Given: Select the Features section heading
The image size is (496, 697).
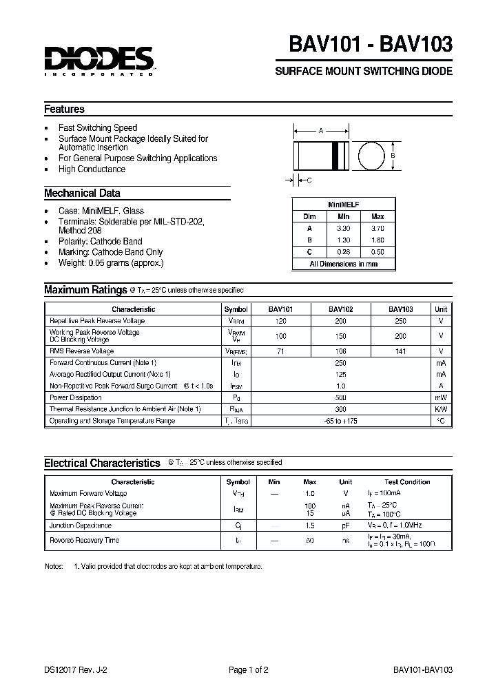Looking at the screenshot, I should click(x=64, y=109).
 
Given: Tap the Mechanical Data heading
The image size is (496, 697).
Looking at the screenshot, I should click(x=82, y=193).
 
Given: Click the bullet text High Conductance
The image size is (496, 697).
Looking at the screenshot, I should click(x=92, y=169).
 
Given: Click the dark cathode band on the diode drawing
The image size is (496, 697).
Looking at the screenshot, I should click(x=337, y=155).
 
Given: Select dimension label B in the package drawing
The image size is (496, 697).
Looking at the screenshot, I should click(x=393, y=155).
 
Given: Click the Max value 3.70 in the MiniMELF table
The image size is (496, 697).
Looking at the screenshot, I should click(x=378, y=227).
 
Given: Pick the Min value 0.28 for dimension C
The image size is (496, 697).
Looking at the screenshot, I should click(x=344, y=252).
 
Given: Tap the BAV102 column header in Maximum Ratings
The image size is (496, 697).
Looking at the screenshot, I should click(x=340, y=309).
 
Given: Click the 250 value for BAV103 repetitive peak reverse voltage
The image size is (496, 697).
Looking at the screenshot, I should click(x=400, y=321).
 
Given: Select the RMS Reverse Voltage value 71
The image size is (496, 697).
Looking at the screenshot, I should click(x=280, y=351).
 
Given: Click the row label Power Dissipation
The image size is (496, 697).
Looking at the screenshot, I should click(x=76, y=397).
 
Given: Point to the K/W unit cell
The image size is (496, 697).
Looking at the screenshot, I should click(x=441, y=408).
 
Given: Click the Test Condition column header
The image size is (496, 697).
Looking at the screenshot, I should click(x=406, y=482).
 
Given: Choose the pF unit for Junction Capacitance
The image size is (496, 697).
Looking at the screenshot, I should click(x=345, y=526).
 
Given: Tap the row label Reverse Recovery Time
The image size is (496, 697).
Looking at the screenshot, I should click(x=84, y=541).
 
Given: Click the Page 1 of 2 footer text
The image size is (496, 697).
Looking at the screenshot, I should click(x=248, y=669).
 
